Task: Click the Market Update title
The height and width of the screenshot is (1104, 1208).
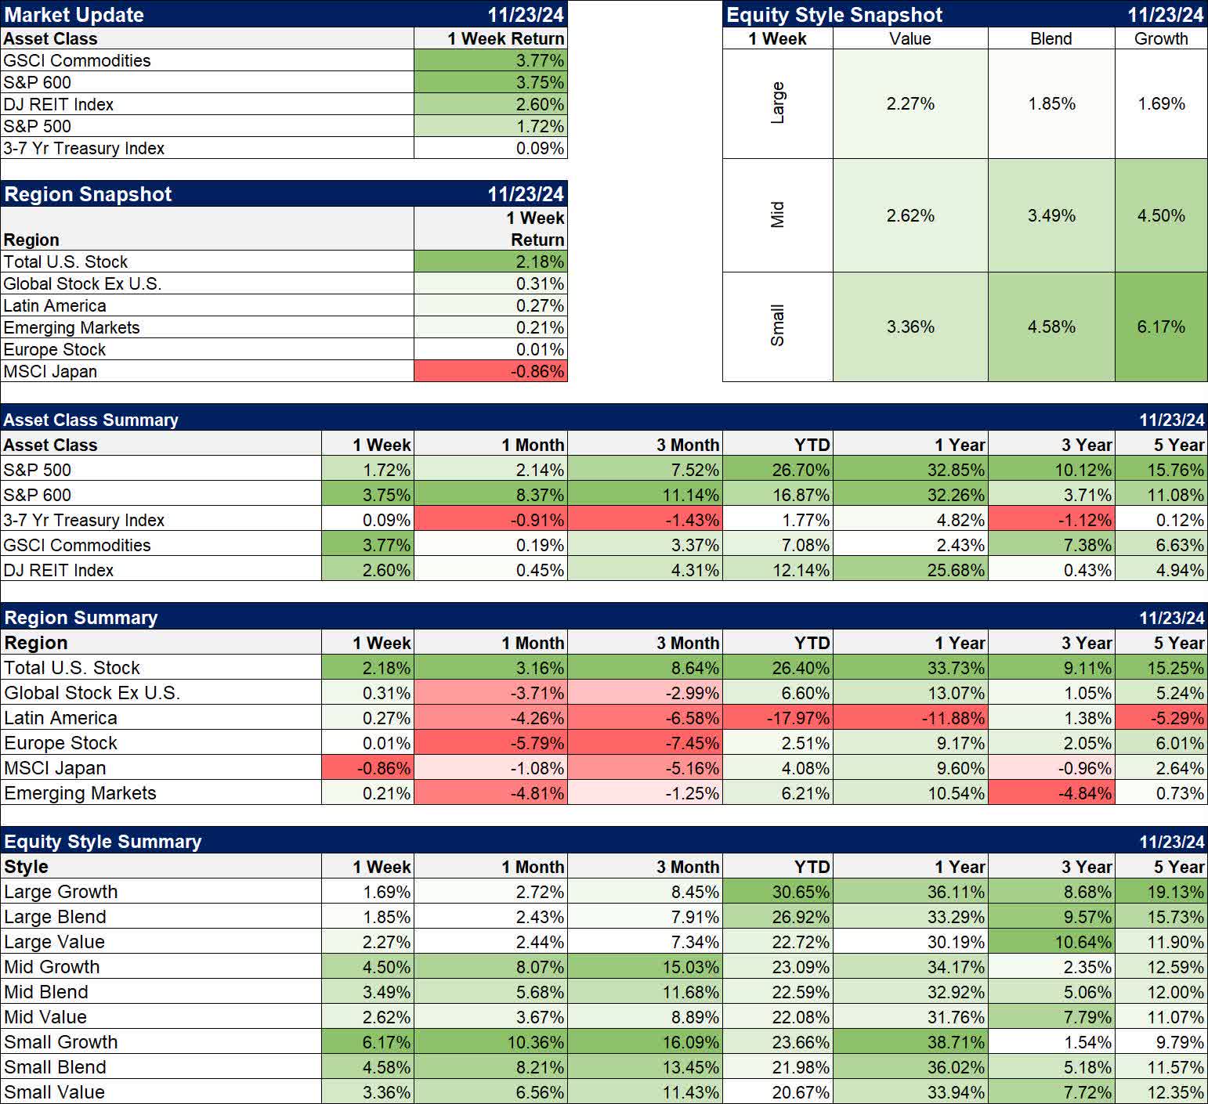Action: click(x=74, y=15)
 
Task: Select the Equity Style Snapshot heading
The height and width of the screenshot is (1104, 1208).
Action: click(x=834, y=15)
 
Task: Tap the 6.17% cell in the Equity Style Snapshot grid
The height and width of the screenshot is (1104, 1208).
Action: click(x=1160, y=327)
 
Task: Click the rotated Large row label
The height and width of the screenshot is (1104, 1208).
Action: click(x=777, y=103)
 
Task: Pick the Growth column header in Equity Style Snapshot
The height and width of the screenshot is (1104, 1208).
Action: click(x=1160, y=38)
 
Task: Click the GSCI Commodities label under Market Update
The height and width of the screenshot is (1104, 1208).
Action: click(x=77, y=60)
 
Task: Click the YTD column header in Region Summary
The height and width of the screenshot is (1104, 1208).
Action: click(x=812, y=643)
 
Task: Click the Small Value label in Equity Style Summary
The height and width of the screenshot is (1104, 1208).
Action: click(x=54, y=1092)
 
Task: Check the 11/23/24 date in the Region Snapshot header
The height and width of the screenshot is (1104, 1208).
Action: click(x=526, y=194)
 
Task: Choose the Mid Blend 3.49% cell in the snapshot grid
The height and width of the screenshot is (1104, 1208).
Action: click(x=1051, y=215)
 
